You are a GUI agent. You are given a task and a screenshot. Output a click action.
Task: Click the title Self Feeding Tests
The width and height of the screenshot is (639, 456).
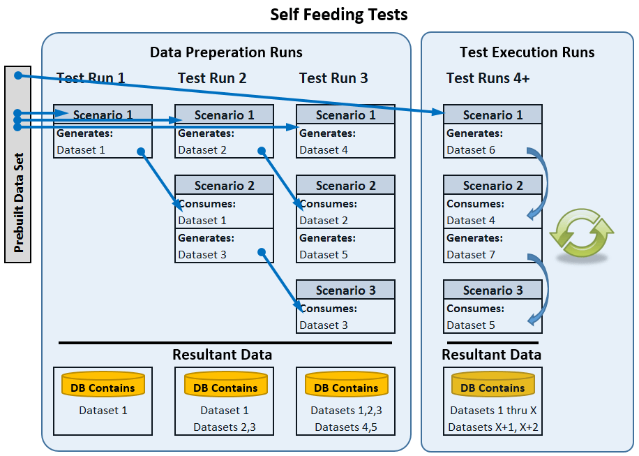coord(339,15)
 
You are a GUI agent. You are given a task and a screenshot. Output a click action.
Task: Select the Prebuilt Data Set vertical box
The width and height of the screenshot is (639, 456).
coord(18,164)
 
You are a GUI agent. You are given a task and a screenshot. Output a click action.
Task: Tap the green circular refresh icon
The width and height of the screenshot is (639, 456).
coord(582,231)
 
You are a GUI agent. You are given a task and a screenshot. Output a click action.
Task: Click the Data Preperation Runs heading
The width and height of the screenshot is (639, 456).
coord(226,52)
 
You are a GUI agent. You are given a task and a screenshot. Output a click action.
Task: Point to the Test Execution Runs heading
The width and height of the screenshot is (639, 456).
coord(527,52)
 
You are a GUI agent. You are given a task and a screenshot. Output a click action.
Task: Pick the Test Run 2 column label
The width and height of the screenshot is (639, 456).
coord(212,78)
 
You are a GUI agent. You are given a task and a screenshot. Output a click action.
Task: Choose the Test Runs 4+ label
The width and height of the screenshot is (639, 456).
coord(488,78)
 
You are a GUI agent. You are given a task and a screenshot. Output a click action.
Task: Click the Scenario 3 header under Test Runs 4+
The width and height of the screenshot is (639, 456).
coord(493,290)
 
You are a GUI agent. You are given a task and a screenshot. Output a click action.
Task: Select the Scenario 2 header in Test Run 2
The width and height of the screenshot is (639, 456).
coord(224,186)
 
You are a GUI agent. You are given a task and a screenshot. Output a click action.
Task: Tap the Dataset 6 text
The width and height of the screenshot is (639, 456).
coord(471,150)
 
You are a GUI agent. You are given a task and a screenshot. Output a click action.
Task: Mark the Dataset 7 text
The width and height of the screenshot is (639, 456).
coord(471,255)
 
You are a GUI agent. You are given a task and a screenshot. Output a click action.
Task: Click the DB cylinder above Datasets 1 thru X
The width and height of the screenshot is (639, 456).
coord(493,386)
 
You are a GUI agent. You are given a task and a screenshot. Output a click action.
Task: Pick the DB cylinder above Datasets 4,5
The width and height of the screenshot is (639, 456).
coord(346,386)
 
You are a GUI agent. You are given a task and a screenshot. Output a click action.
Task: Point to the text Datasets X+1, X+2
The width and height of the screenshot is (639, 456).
coord(493,427)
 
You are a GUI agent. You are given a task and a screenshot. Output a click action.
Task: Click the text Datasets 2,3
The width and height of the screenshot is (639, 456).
coord(224,427)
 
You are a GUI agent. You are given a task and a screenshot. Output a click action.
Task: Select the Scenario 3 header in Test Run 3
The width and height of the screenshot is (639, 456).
coord(345,290)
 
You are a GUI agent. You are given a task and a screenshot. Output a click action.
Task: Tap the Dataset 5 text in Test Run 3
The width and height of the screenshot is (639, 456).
coord(324,255)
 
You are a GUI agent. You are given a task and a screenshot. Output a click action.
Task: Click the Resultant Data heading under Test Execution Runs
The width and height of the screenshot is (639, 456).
coord(491,355)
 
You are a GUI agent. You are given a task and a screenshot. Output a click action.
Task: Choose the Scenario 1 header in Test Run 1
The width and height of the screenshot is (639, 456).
coord(103,115)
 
